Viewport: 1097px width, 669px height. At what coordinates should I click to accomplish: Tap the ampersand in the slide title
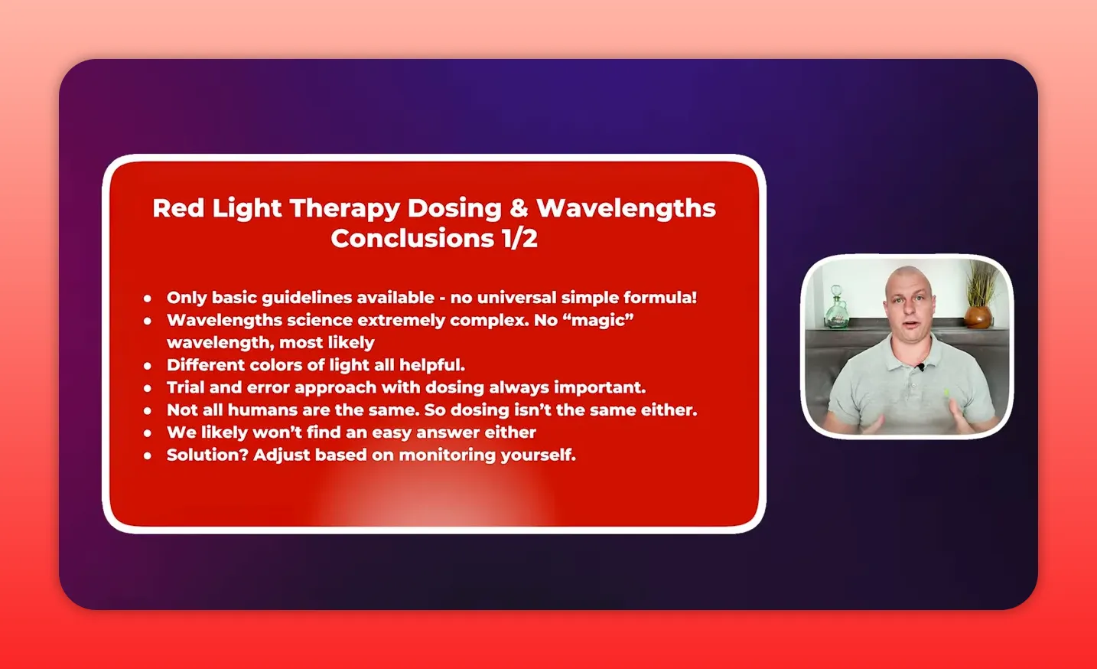[519, 208]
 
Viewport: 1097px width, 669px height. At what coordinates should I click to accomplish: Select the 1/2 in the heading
[519, 239]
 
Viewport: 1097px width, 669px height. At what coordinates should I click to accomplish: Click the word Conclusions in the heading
[412, 239]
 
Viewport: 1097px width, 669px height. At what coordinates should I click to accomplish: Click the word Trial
[186, 387]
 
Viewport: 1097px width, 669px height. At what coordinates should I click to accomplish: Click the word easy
[392, 432]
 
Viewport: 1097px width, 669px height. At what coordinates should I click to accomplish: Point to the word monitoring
[447, 455]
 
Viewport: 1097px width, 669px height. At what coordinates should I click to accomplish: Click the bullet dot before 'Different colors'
[148, 366]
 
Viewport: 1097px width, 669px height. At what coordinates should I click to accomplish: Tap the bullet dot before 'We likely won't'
[148, 433]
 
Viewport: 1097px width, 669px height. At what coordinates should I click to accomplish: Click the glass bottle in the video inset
[835, 310]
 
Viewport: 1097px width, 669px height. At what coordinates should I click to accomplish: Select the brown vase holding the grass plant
[977, 316]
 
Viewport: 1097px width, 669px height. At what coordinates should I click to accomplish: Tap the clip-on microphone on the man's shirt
[922, 367]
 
